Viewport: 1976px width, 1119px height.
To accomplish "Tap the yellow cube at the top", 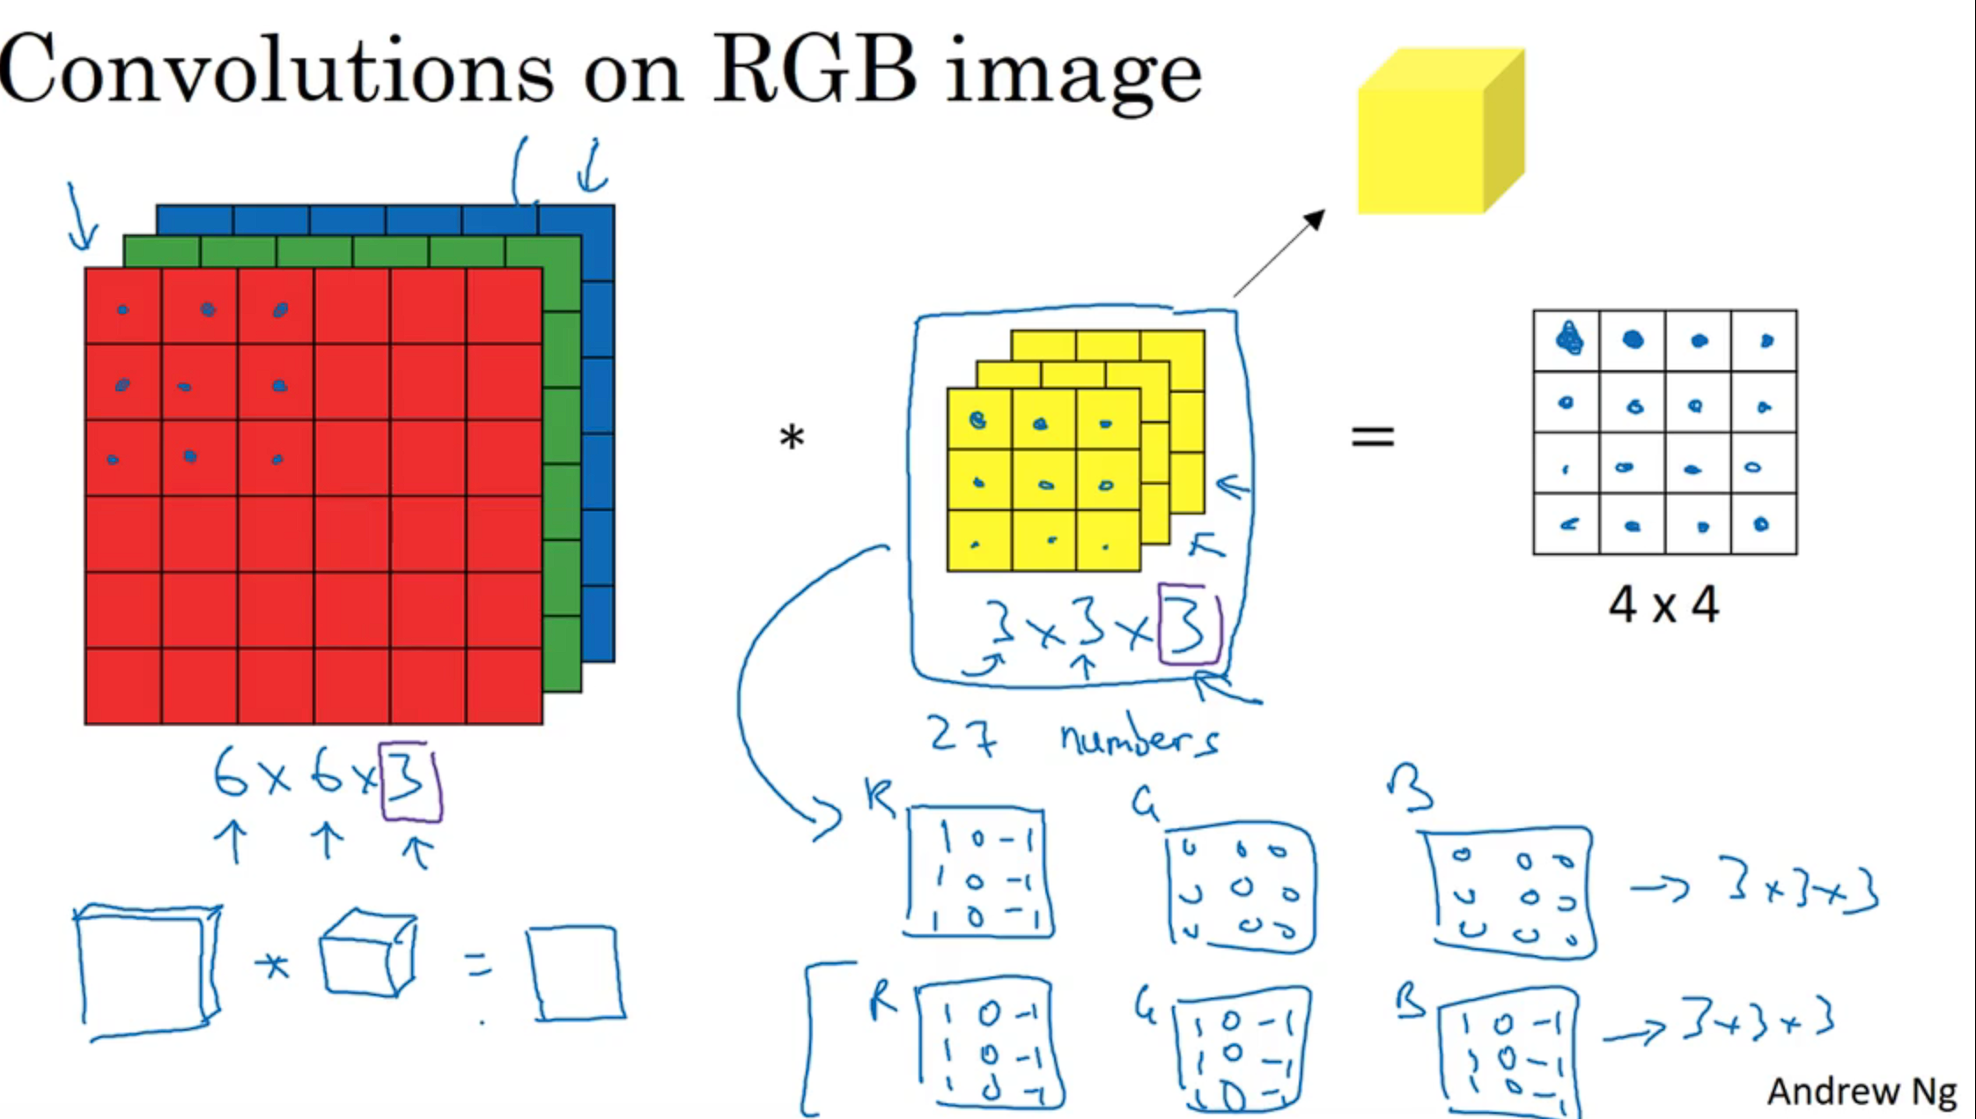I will click(1440, 132).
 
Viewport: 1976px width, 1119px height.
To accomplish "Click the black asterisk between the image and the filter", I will click(792, 438).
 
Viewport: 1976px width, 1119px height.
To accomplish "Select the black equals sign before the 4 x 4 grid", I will click(1373, 436).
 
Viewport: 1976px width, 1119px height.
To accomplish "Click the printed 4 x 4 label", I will click(1663, 606).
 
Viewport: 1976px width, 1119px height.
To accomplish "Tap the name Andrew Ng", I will click(1861, 1091).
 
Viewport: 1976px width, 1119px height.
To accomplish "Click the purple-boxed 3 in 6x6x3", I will click(409, 780).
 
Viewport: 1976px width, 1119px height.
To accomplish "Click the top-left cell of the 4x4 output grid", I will click(1567, 340).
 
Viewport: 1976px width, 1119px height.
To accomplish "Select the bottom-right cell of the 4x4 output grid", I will click(1764, 524).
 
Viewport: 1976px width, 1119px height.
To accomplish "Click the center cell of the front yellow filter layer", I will click(1044, 482).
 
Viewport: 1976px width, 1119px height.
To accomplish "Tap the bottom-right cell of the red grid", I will click(505, 686).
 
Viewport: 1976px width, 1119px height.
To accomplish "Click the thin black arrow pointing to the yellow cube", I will click(1279, 253).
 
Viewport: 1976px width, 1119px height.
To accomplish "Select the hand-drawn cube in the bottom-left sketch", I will click(368, 953).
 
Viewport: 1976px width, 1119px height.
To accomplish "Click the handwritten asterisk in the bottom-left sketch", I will click(272, 967).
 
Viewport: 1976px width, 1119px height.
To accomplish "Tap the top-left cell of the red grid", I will click(123, 306).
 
